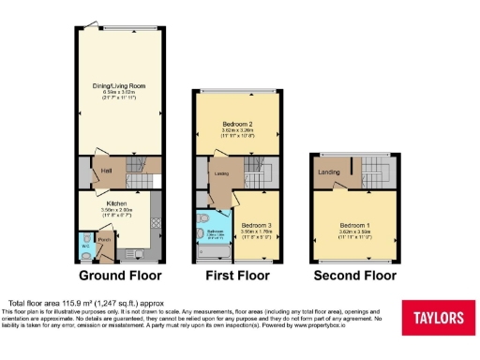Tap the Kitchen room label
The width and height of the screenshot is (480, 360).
click(116, 202)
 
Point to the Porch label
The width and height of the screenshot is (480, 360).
click(105, 240)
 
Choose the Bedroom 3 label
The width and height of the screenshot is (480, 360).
click(256, 226)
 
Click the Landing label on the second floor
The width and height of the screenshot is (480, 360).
click(328, 172)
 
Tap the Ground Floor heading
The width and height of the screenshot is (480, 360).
click(119, 276)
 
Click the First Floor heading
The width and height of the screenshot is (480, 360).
click(237, 276)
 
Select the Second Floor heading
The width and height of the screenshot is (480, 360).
click(354, 276)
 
